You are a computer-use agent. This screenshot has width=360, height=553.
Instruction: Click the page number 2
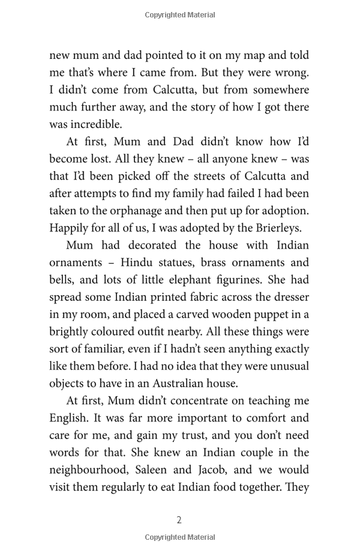point(179,520)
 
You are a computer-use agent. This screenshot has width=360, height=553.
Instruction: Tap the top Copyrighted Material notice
point(179,15)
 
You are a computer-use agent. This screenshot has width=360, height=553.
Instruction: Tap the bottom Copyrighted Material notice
point(179,537)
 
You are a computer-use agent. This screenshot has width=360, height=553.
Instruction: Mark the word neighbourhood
point(89,470)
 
